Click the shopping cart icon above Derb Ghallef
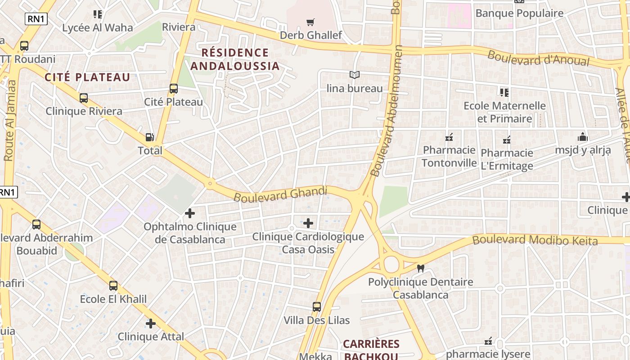coord(310,22)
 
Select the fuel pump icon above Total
coord(150,137)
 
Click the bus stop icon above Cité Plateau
coord(174,89)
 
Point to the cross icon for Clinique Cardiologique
coord(308,223)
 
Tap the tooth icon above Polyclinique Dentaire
coord(421,269)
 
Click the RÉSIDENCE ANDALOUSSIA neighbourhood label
coord(235,59)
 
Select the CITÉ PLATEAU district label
coord(87,77)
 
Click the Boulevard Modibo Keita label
coord(535,240)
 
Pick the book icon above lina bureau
coord(355,75)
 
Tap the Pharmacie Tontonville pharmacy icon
coord(449,137)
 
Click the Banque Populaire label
coord(519,13)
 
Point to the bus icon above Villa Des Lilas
coord(317,307)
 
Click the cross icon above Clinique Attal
coord(151,324)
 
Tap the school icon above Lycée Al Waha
coord(98,14)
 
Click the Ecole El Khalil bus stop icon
coord(113,286)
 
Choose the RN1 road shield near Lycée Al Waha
coord(36,18)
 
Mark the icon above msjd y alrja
coord(583,137)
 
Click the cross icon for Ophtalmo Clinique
coord(190,213)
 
